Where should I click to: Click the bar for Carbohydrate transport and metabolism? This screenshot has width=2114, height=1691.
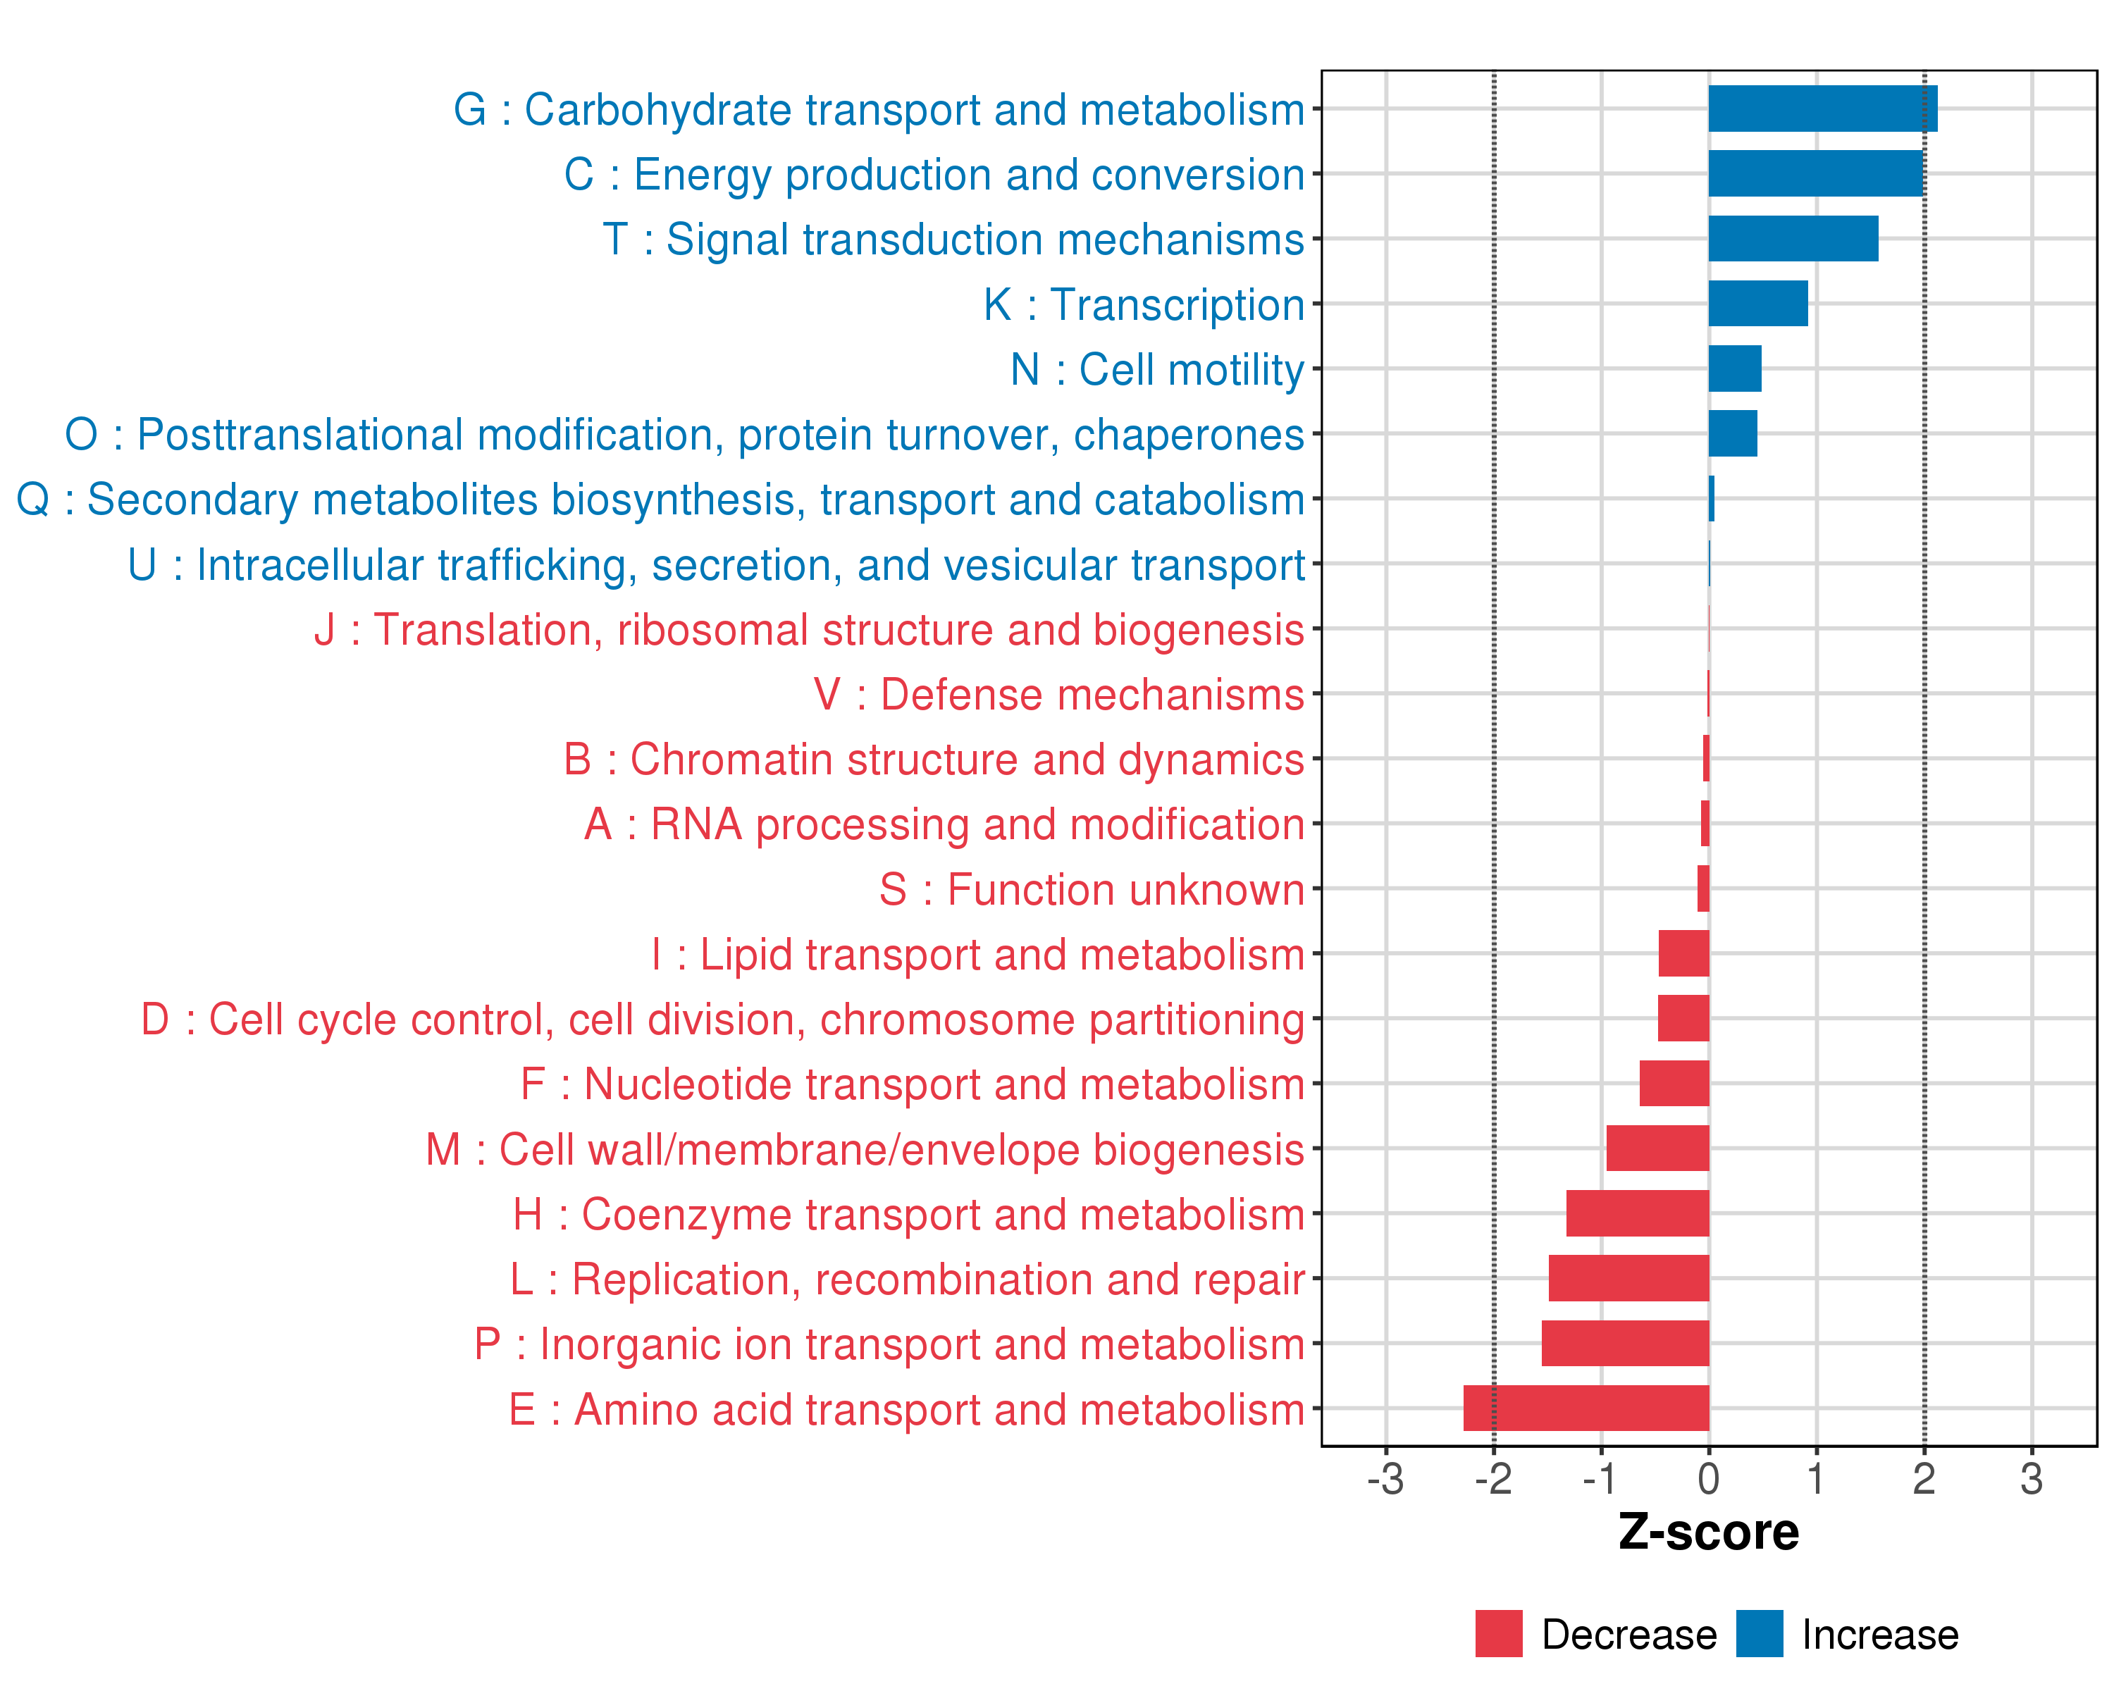[1822, 109]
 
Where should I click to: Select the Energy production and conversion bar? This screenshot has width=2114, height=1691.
[1815, 173]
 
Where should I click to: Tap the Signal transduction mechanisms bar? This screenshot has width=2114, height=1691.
[1793, 238]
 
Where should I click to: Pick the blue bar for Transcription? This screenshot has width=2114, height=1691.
[1757, 304]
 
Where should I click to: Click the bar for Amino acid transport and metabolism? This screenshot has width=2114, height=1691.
[1585, 1408]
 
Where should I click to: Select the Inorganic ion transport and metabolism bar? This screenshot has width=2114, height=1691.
[1625, 1343]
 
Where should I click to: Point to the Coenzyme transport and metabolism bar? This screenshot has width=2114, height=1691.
[1638, 1213]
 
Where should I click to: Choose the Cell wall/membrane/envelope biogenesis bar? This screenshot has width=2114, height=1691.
[1657, 1148]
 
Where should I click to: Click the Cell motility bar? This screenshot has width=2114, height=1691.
[1735, 368]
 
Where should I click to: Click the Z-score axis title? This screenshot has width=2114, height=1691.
[1708, 1532]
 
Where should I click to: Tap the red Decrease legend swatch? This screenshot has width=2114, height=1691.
[1498, 1633]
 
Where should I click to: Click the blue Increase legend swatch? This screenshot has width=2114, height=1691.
[1759, 1633]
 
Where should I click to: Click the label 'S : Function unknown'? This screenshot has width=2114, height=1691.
[1092, 890]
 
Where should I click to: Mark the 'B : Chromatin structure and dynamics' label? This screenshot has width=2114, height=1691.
[934, 760]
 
